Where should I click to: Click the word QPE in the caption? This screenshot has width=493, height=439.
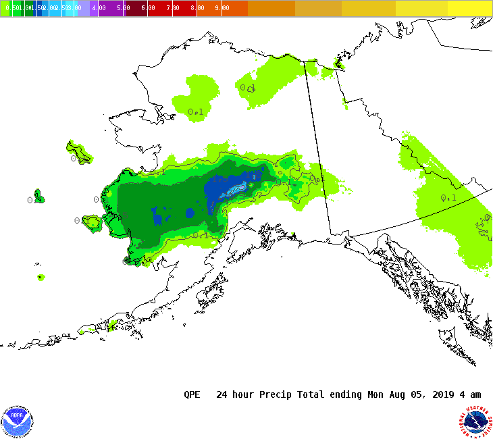click(192, 394)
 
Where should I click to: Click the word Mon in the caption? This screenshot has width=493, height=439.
click(375, 394)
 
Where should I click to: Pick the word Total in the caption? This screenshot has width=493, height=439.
click(309, 394)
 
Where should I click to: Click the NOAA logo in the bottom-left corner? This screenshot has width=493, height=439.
click(17, 421)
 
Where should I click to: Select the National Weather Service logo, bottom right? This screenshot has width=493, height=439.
click(476, 421)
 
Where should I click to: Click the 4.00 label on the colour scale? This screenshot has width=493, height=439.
click(99, 8)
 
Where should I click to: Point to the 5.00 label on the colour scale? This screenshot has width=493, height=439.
click(123, 8)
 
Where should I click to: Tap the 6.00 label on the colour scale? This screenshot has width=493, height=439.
click(148, 8)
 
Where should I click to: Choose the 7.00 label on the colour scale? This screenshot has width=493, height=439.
click(173, 8)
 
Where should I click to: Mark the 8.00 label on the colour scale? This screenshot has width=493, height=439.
click(197, 8)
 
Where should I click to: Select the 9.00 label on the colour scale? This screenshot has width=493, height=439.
click(222, 8)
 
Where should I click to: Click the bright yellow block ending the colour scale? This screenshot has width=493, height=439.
click(470, 8)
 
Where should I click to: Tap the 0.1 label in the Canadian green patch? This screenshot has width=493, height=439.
click(448, 198)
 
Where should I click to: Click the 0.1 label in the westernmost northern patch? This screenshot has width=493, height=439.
click(195, 112)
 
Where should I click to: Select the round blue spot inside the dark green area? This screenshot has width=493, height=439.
click(190, 213)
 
